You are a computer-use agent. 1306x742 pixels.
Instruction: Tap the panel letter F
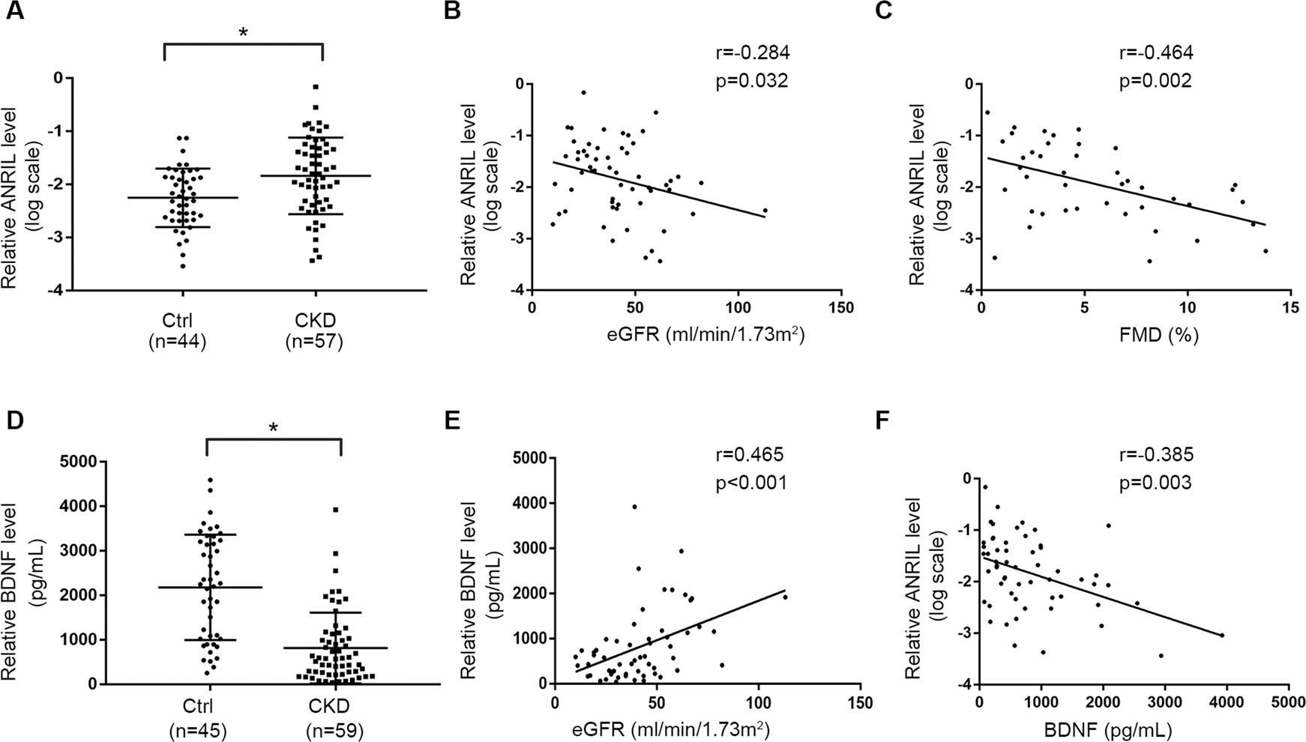(x=884, y=422)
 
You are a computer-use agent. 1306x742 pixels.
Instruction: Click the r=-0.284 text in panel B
(x=752, y=52)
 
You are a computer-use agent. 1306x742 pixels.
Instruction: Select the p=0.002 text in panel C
(x=1155, y=81)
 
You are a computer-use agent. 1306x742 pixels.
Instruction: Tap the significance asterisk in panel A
(x=243, y=34)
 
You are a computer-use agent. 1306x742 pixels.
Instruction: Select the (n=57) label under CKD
(x=314, y=342)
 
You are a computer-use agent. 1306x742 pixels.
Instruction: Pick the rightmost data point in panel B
(x=765, y=211)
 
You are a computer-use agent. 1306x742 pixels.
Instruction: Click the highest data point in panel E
(x=634, y=507)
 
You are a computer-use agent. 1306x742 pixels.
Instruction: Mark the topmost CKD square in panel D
(x=336, y=510)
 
